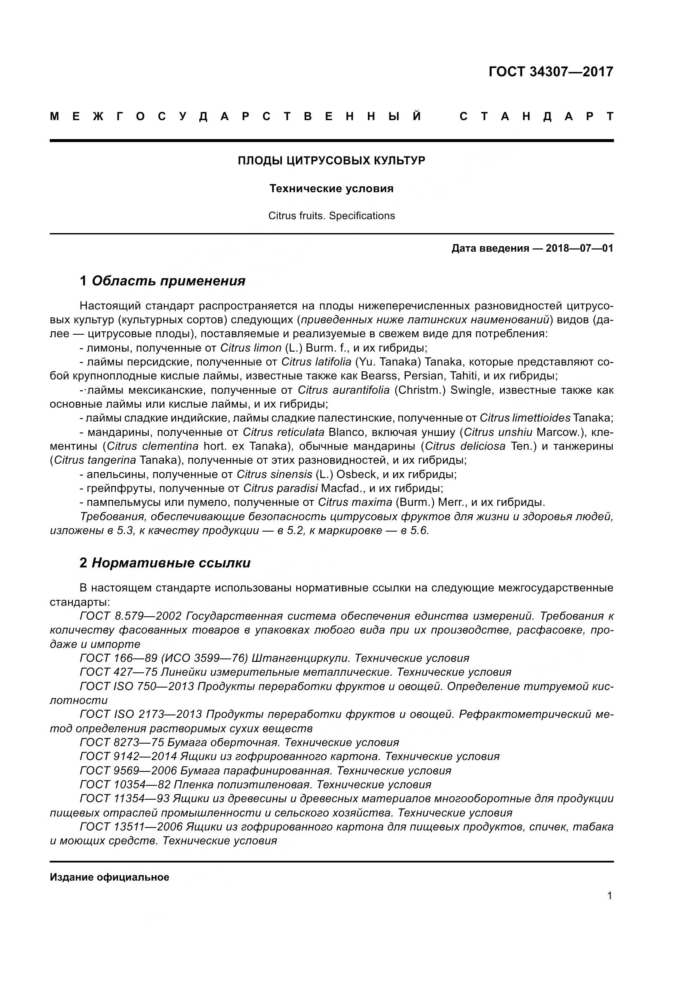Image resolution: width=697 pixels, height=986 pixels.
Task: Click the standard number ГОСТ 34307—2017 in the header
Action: (551, 72)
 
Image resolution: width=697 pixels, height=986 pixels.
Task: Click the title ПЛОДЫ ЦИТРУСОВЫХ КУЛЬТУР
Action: (331, 161)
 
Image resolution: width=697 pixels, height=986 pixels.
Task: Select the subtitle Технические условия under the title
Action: (331, 188)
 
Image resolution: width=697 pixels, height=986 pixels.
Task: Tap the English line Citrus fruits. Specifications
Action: (331, 215)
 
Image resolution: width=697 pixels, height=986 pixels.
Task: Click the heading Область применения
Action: (168, 281)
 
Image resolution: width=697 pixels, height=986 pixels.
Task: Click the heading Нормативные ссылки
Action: (171, 563)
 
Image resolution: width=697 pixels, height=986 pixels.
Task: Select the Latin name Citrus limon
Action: (251, 348)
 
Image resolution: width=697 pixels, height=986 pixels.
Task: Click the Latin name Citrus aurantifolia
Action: (343, 390)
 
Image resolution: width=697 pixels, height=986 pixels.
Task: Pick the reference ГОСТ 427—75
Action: (118, 672)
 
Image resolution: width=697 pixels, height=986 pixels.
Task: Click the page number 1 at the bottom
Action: (609, 896)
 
